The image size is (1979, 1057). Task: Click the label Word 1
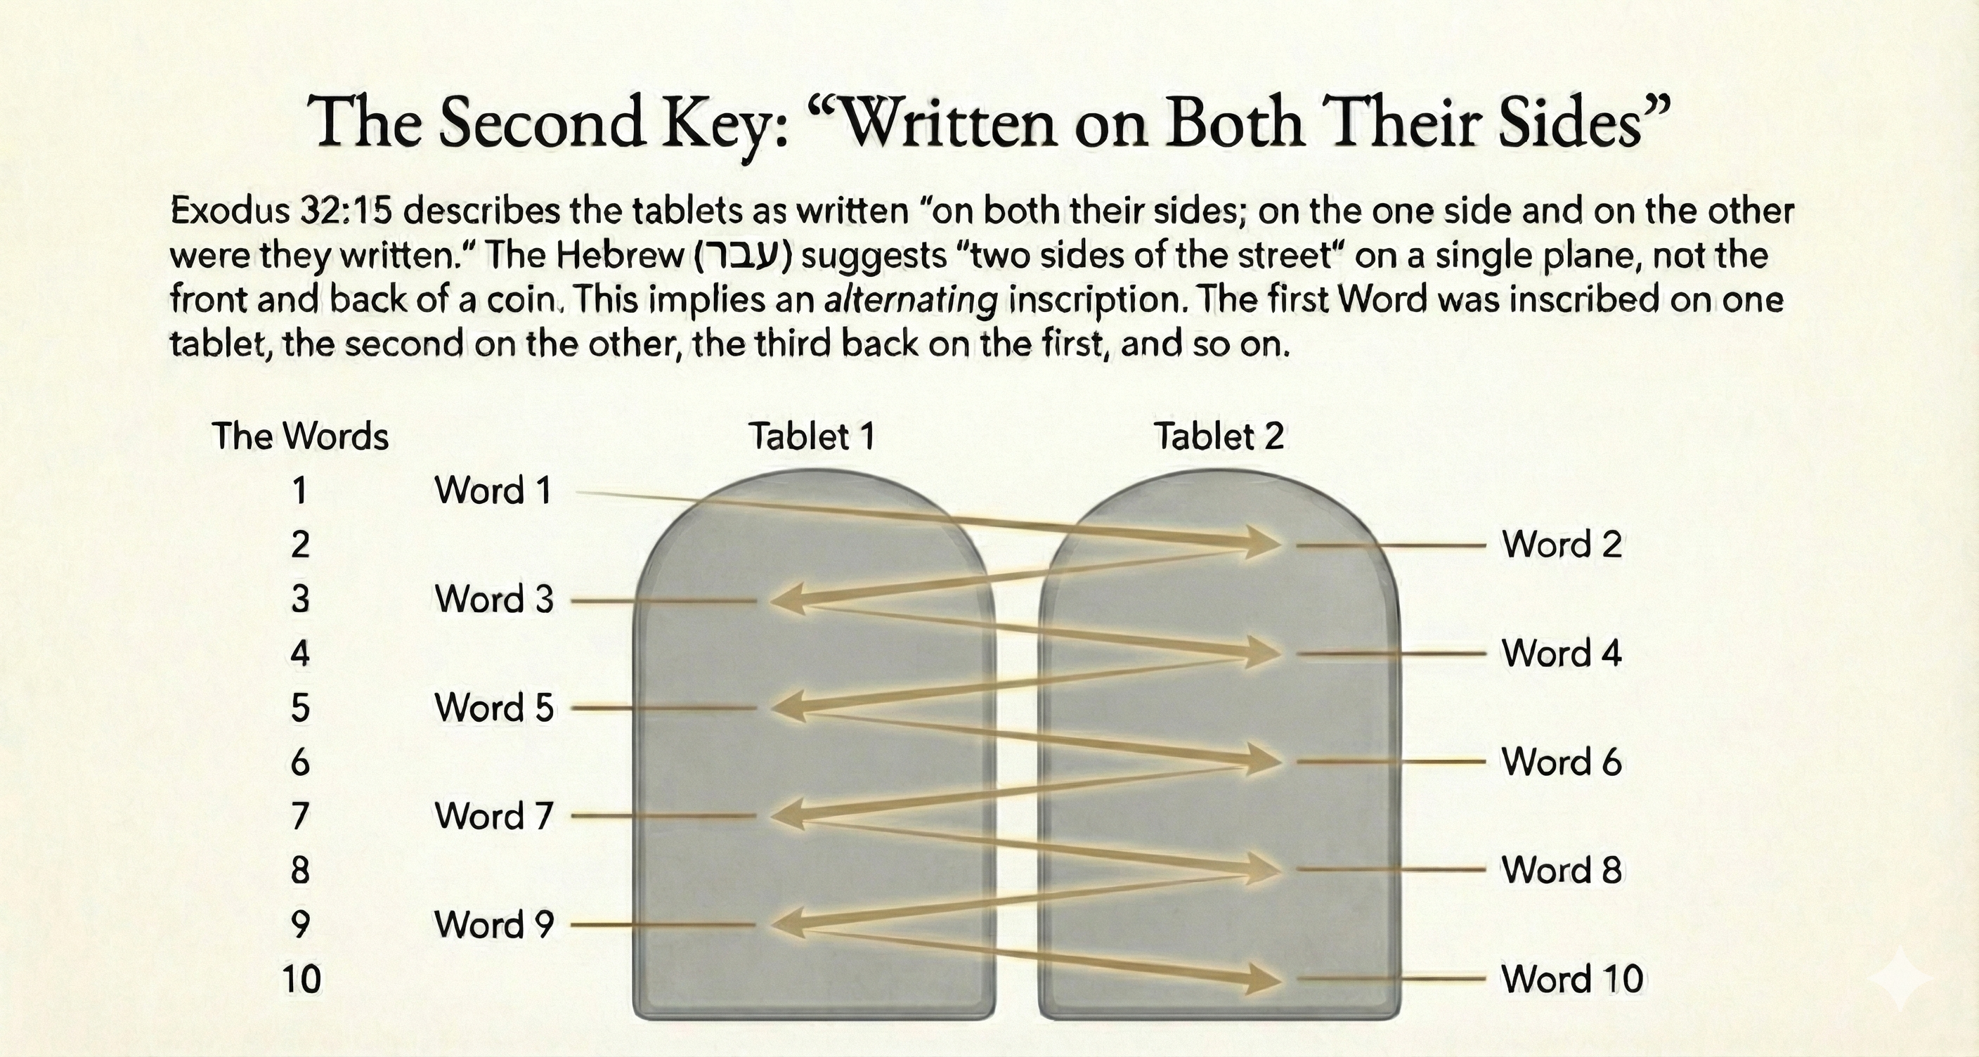coord(493,490)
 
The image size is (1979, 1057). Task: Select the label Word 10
coord(1572,979)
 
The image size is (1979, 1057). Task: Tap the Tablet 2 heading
coord(1219,436)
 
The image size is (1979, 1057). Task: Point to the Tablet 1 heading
coord(812,436)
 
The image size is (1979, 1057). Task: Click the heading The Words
coord(300,436)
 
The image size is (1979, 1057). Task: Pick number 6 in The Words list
coord(300,762)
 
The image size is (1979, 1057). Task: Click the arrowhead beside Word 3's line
coord(787,600)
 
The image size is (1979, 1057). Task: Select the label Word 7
coord(494,816)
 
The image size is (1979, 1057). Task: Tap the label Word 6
coord(1562,762)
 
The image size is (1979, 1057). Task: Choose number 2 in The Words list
coord(300,545)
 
